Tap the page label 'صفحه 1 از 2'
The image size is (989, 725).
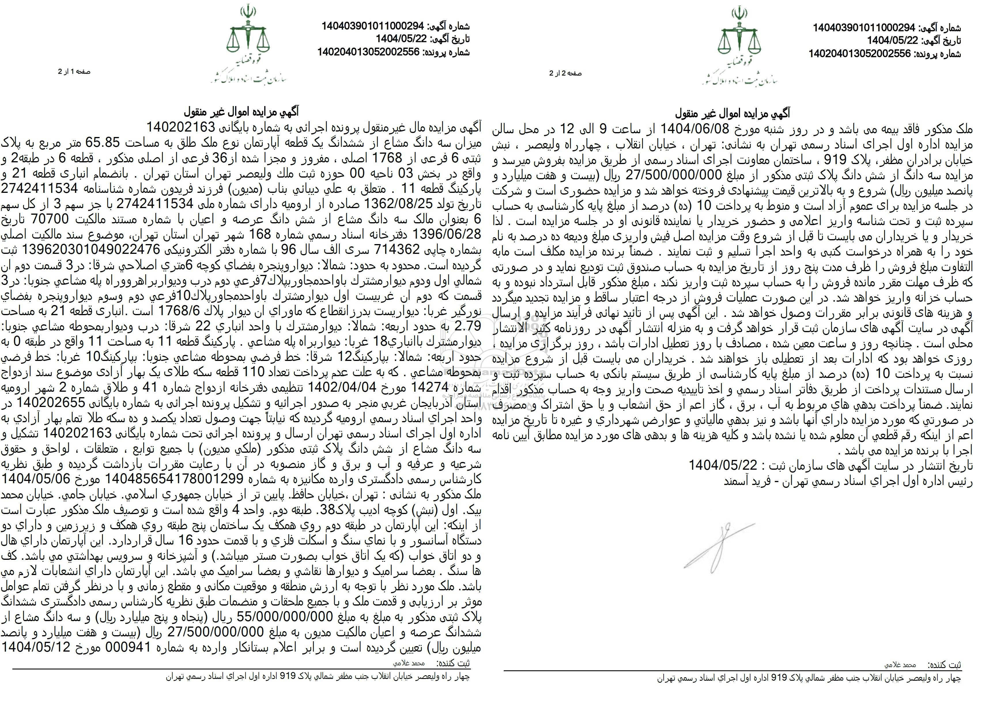pos(74,72)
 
